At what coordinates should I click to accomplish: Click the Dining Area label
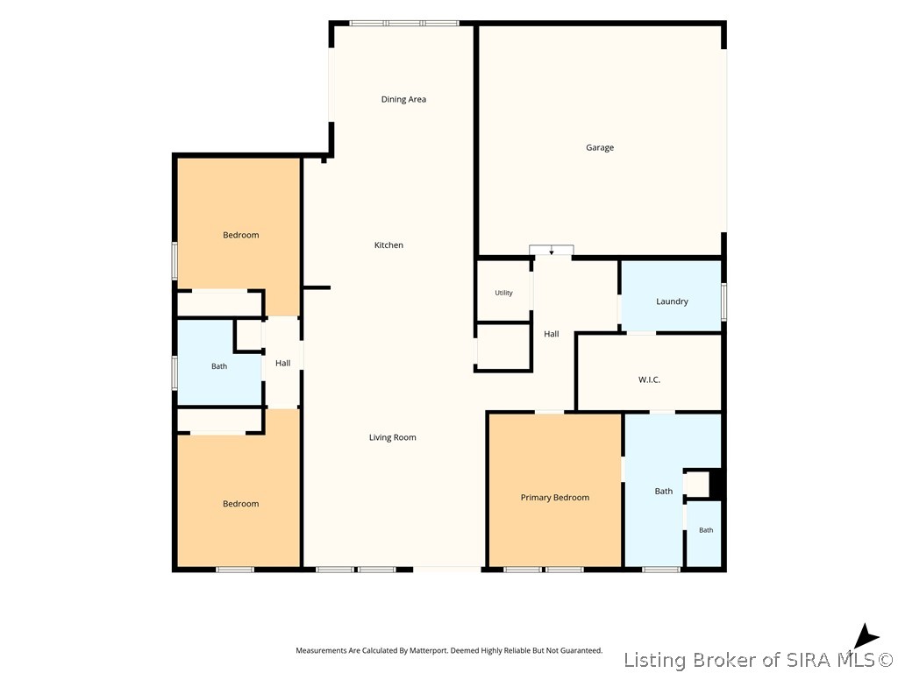pyautogui.click(x=403, y=100)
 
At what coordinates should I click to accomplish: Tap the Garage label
pyautogui.click(x=600, y=147)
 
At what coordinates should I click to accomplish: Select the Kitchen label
pyautogui.click(x=388, y=245)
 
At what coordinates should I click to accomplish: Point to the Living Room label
pyautogui.click(x=392, y=438)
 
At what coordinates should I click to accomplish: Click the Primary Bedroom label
pyautogui.click(x=555, y=498)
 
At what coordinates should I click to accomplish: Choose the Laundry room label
pyautogui.click(x=672, y=301)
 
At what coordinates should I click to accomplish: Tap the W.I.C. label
pyautogui.click(x=650, y=379)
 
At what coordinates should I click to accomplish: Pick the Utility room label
pyautogui.click(x=504, y=293)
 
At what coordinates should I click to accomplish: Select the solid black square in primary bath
pyautogui.click(x=716, y=485)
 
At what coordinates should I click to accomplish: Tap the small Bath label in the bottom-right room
pyautogui.click(x=706, y=530)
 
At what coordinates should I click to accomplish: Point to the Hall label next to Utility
pyautogui.click(x=552, y=334)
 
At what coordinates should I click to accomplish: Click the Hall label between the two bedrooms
pyautogui.click(x=283, y=364)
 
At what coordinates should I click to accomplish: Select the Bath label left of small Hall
pyautogui.click(x=219, y=367)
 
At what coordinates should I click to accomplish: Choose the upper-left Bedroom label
pyautogui.click(x=240, y=235)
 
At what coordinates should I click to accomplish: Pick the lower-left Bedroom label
pyautogui.click(x=240, y=504)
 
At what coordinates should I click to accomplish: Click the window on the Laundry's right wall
pyautogui.click(x=723, y=301)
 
